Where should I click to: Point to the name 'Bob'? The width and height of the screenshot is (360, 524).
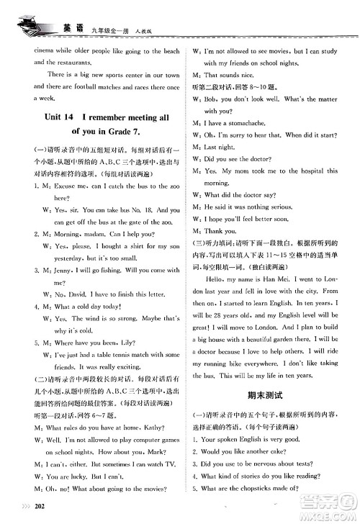(x=210, y=99)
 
